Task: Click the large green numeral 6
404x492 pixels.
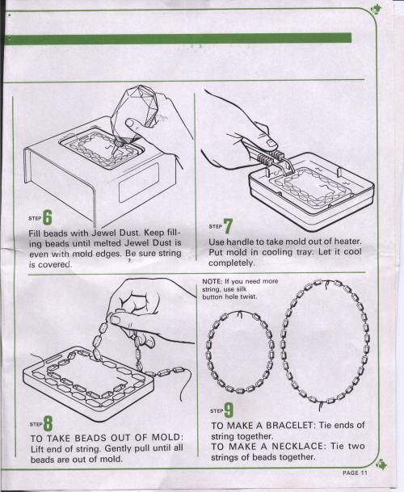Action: (48, 217)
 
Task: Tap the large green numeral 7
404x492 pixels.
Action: (228, 226)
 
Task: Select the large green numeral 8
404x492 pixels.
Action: (48, 423)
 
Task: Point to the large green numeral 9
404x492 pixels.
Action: (229, 410)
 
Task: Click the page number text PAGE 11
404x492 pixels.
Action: (355, 473)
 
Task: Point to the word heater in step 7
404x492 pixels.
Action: (347, 242)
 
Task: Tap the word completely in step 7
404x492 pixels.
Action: (232, 263)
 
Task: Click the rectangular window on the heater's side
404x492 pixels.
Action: (138, 183)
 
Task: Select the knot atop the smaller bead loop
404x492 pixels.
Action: (241, 313)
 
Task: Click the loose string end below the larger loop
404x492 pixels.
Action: (320, 406)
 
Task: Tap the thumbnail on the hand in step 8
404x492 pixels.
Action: (116, 320)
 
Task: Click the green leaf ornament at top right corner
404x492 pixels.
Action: (376, 10)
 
